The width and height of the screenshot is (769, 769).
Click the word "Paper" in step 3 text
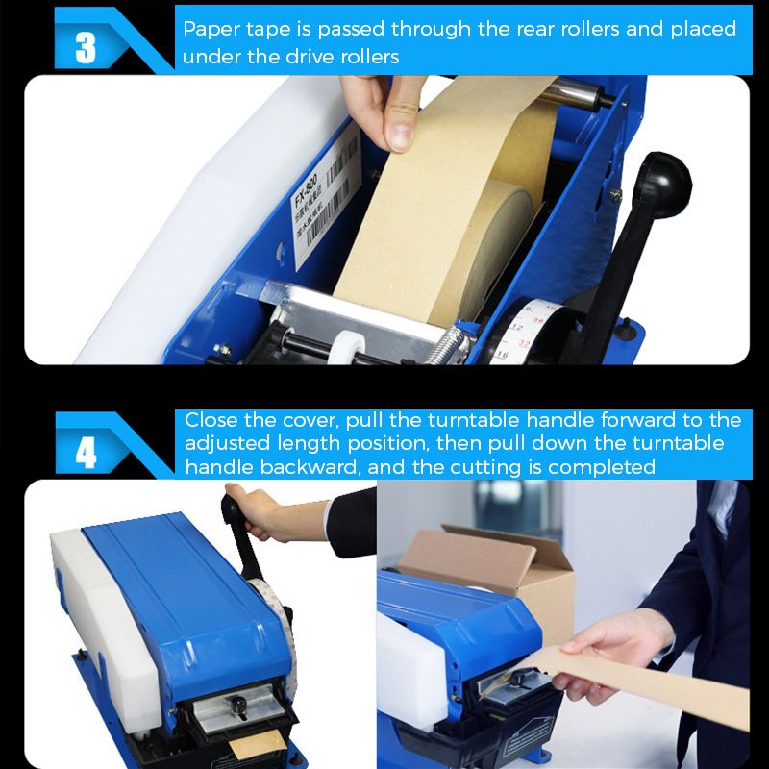click(209, 28)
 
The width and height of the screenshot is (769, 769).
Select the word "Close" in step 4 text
click(208, 420)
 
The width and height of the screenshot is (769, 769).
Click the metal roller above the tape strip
click(573, 93)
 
